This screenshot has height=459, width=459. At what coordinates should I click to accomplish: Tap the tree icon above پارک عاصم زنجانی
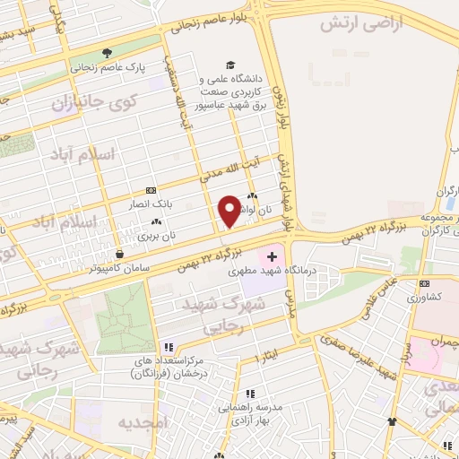[107, 53]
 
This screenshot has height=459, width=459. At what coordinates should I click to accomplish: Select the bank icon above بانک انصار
[150, 189]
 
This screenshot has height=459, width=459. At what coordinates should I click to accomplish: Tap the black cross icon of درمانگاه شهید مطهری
[273, 257]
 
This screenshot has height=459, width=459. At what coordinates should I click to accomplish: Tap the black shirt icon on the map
[392, 421]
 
